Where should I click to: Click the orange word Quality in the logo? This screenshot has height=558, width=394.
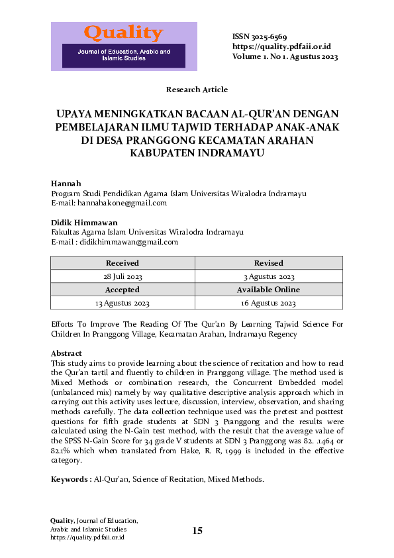123,32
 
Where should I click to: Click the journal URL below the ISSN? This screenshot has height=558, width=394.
281,46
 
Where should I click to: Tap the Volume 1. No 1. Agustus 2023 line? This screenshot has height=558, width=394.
285,56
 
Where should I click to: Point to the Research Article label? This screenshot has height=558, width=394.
197,89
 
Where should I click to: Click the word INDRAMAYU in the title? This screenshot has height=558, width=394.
230,153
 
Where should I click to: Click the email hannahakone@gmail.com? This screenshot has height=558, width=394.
122,203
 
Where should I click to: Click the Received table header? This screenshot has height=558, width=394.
123,263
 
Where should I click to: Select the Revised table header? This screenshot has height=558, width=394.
268,263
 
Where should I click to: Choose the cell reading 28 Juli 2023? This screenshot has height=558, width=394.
123,276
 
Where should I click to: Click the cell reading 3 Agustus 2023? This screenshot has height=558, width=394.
268,276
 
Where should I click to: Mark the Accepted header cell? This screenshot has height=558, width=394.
123,290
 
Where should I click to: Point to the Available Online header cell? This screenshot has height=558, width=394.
268,290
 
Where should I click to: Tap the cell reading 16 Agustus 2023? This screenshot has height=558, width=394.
268,303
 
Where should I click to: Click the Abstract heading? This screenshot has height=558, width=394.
66,353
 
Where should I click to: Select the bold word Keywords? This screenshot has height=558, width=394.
70,478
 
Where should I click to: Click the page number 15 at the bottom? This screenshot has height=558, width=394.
197,530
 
